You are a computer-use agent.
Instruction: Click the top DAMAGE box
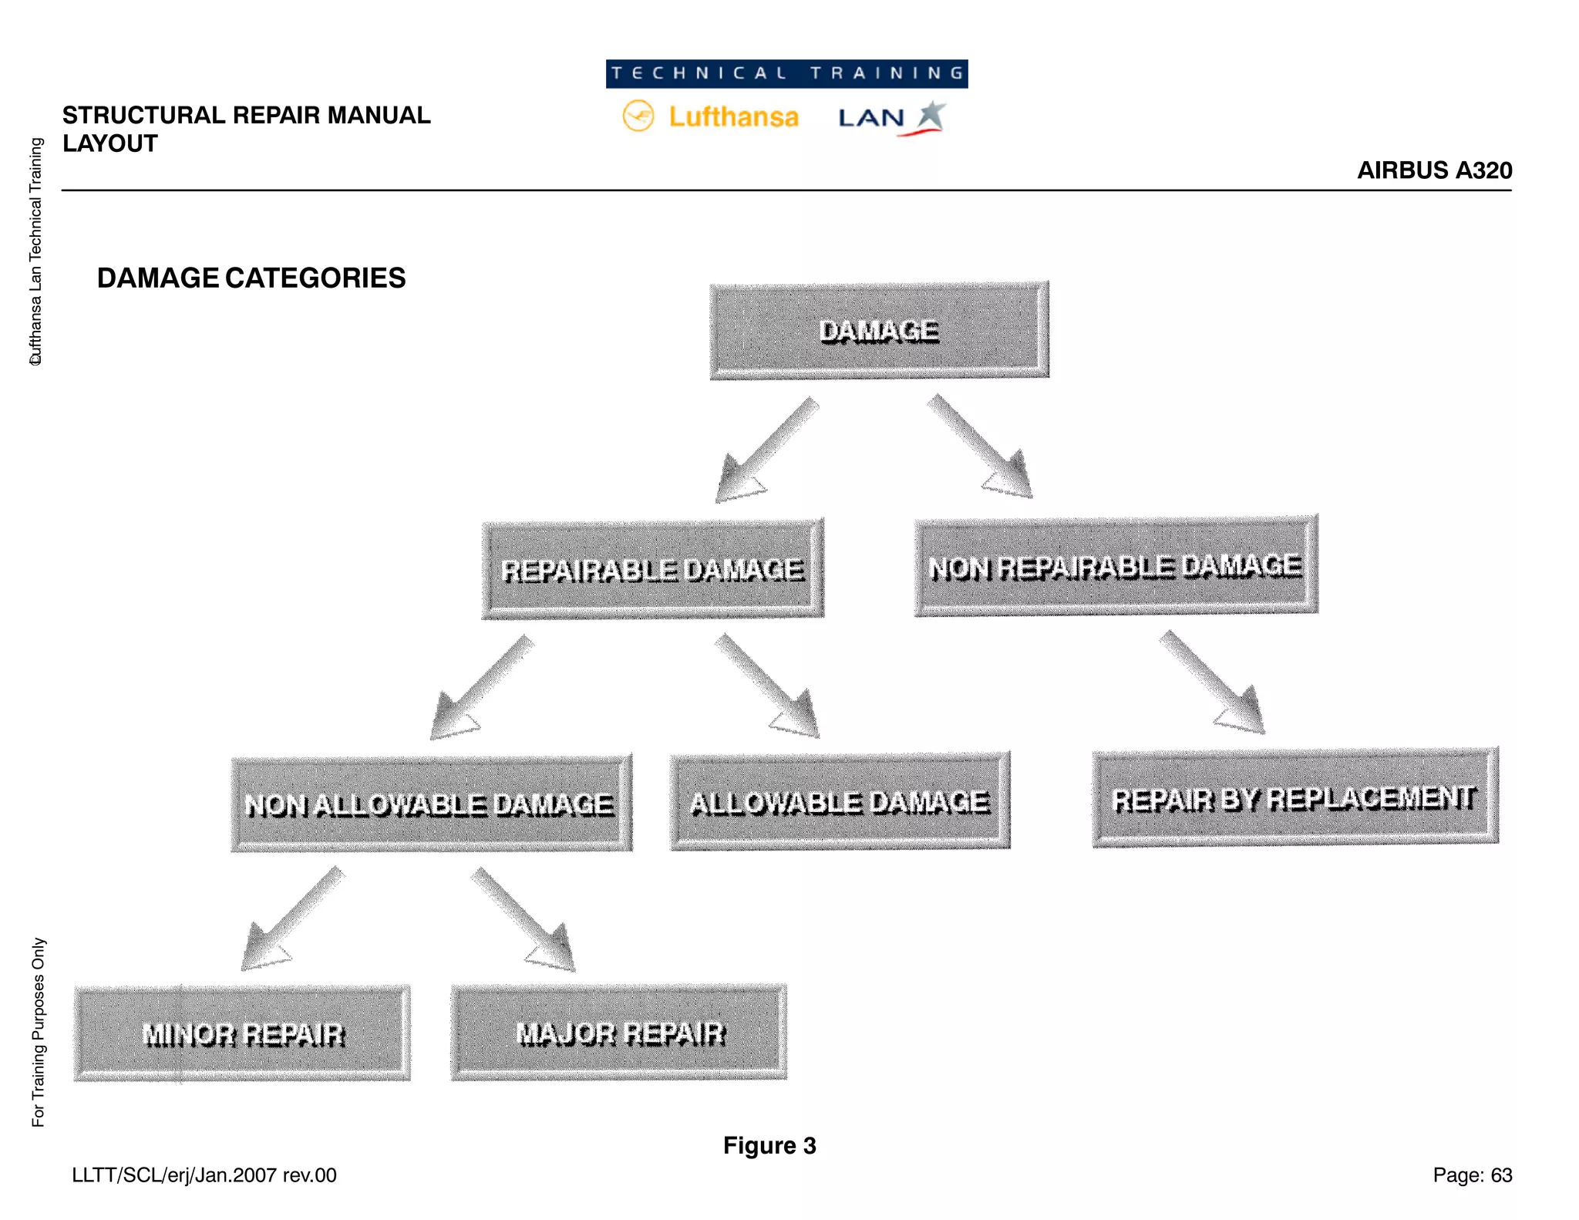879,331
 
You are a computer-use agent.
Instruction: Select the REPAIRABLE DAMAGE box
652,570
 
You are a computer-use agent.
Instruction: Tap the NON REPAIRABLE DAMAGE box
1116,566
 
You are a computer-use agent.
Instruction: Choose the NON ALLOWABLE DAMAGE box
431,804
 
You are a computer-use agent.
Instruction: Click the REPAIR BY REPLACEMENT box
1295,798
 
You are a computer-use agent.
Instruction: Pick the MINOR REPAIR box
242,1033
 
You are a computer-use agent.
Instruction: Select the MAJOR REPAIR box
619,1033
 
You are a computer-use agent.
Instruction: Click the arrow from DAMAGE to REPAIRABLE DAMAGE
763,453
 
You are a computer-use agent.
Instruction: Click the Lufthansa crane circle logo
638,116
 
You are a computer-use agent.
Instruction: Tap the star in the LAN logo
931,115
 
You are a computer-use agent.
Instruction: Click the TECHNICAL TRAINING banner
786,74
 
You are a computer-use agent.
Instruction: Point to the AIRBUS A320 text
1434,170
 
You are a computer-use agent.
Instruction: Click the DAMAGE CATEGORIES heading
251,278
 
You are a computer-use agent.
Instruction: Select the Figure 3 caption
769,1146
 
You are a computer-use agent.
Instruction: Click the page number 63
1500,1175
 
